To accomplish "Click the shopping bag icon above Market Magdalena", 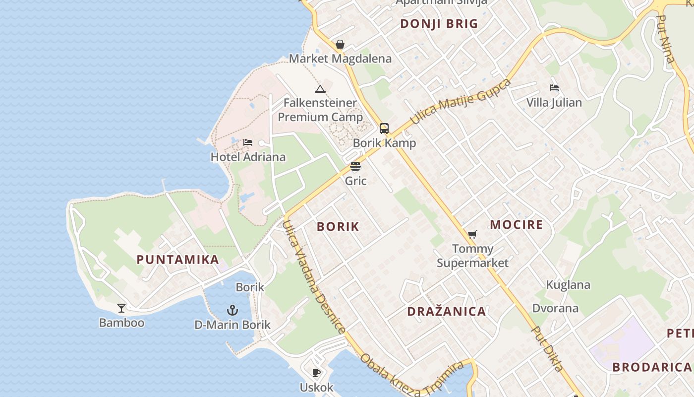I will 340,45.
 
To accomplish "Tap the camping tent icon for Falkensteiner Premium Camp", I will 320,89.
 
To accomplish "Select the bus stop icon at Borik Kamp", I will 384,129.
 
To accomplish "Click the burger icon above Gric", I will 355,166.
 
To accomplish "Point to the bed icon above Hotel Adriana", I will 248,143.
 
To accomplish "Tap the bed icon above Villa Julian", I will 554,88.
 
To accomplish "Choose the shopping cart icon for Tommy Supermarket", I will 472,234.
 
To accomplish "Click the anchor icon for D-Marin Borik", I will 232,311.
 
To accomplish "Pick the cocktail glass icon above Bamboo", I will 121,308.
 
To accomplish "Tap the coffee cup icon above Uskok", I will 316,373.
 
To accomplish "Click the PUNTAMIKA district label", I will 177,260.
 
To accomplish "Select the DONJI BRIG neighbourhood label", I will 439,24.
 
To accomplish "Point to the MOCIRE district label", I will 517,225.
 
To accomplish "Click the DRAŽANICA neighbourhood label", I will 446,312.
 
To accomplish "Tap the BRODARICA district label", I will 651,367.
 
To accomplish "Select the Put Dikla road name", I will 548,348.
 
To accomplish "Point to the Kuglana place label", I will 568,285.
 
